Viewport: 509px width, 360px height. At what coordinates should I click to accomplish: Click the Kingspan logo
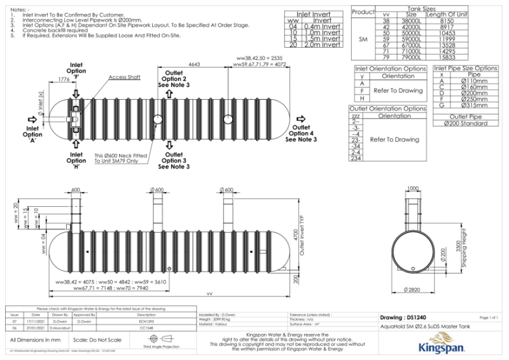pos(442,347)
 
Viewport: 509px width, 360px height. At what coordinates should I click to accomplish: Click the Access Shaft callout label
pos(125,77)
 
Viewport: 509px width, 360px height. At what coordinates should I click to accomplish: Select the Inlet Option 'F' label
pos(76,71)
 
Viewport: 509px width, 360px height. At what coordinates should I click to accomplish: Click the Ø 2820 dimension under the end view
pos(414,290)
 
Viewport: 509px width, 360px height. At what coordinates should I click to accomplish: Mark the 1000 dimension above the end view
pos(414,188)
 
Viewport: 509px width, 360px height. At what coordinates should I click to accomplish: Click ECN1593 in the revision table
pos(146,322)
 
